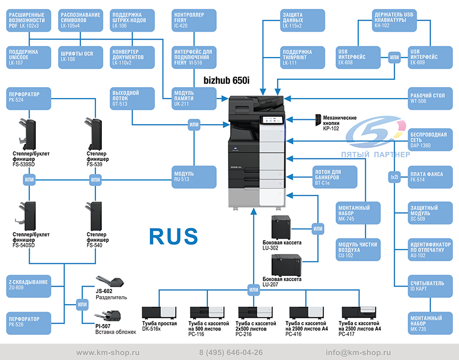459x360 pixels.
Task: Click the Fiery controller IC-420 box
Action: point(194,20)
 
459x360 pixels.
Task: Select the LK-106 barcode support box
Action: point(132,20)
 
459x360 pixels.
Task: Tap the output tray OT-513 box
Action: point(132,99)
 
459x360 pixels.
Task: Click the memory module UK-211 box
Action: point(194,99)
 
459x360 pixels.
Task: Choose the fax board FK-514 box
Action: point(430,177)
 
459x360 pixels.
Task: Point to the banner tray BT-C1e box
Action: point(334,177)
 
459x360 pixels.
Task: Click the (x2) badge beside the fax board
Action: point(395,177)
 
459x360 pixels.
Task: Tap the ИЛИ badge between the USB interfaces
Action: point(394,58)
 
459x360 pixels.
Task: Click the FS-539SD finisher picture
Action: point(27,134)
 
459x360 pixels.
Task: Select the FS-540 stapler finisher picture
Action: point(94,216)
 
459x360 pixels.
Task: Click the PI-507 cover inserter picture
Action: point(108,316)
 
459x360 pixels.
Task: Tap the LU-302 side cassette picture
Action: point(281,228)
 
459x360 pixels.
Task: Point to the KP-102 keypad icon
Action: point(318,120)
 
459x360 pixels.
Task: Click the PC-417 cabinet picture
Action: point(359,312)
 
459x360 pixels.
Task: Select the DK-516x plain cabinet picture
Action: point(159,312)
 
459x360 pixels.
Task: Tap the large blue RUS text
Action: point(174,236)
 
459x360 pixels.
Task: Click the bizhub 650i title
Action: point(226,80)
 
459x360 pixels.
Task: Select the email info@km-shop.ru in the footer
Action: point(358,353)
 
